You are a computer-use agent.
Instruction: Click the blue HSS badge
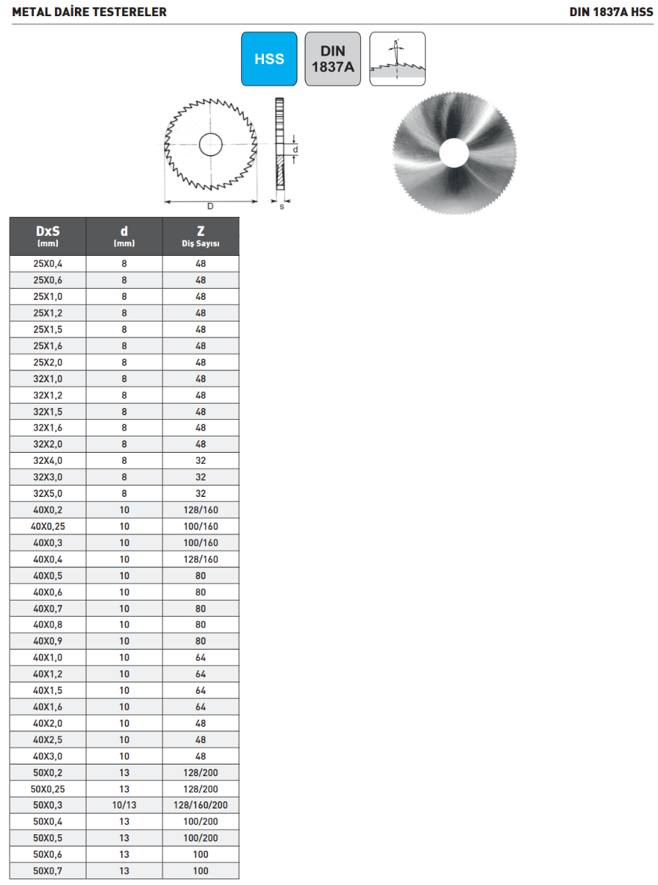coord(269,59)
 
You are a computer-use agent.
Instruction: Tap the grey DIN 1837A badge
coord(332,59)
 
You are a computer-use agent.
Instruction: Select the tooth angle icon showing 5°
coord(397,59)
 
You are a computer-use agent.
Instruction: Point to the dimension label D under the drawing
coord(210,207)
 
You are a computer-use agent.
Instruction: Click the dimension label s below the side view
coord(282,207)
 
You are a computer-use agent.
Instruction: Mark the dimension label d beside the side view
coord(296,149)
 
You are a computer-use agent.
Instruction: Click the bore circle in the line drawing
coord(211,144)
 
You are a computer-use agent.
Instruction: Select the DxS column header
coord(48,236)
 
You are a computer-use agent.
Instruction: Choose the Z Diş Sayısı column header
coord(201,236)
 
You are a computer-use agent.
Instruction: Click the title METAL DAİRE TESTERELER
coord(89,12)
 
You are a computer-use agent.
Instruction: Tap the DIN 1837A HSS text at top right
coord(611,12)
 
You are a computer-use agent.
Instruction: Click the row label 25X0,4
coord(48,264)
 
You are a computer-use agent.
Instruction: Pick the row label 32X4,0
coord(48,461)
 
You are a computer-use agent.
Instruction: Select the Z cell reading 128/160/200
coord(201,806)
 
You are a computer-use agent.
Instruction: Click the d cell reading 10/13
coord(124,806)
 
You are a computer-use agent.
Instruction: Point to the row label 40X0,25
coord(48,526)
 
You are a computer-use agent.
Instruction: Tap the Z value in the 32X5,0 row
coord(201,494)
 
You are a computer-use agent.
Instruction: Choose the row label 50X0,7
coord(48,871)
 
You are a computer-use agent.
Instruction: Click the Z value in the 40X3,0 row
coord(201,756)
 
